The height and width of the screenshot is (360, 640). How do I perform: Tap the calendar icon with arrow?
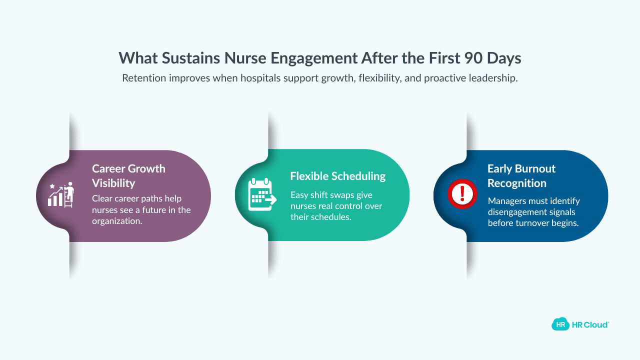[261, 195]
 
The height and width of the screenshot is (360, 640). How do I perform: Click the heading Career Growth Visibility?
[128, 175]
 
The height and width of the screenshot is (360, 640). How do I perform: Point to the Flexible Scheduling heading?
[338, 176]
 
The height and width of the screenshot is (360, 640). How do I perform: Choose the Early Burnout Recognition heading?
[521, 175]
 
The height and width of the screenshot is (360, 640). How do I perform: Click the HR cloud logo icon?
[560, 324]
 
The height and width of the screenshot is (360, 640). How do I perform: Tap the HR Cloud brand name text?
[590, 324]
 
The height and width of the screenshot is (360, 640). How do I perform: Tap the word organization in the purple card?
[117, 220]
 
